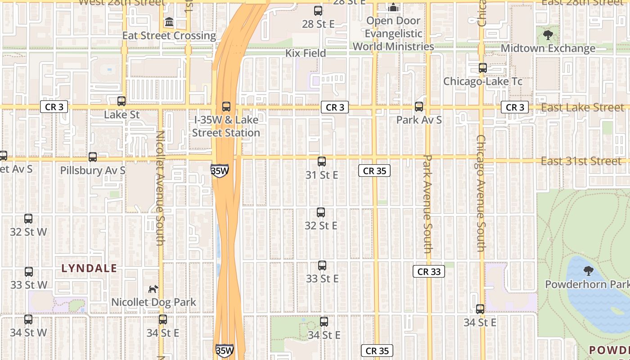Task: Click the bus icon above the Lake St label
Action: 121,101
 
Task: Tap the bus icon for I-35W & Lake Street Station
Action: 226,107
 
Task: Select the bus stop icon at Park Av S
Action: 419,107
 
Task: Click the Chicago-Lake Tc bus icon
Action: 483,68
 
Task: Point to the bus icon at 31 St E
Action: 322,162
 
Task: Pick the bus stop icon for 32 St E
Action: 321,212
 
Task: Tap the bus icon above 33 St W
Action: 29,272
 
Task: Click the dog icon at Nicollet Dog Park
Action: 154,288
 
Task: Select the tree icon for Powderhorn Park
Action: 588,271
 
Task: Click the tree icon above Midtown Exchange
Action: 548,35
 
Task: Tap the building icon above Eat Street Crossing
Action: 169,22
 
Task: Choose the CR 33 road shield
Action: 429,271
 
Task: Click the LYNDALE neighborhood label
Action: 89,269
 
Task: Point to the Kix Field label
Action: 306,53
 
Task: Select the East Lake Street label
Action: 583,108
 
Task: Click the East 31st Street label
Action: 581,161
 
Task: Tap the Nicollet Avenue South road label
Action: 160,188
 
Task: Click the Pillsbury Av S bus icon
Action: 93,157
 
